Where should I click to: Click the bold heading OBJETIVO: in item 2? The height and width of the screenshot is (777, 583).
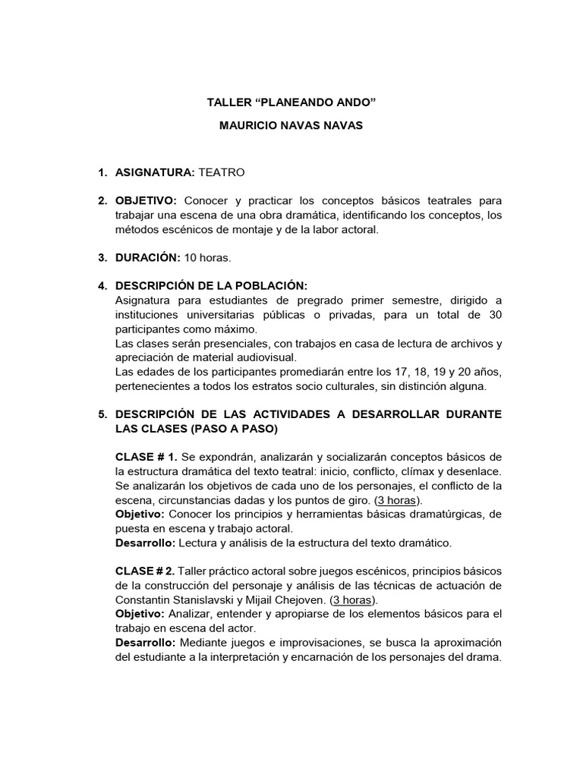tap(146, 201)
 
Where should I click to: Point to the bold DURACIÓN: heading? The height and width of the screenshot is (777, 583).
tap(147, 258)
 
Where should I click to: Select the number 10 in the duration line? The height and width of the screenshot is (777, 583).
tap(191, 258)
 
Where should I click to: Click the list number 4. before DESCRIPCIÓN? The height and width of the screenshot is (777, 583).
tap(103, 286)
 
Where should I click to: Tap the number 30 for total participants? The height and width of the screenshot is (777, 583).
tap(494, 315)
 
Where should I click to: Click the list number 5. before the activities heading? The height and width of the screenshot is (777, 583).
tap(103, 415)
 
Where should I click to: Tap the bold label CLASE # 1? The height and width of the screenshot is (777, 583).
tap(147, 458)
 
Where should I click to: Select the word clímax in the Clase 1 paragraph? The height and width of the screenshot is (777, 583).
tap(405, 471)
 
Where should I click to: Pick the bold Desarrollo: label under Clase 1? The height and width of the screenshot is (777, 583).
tap(145, 543)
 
